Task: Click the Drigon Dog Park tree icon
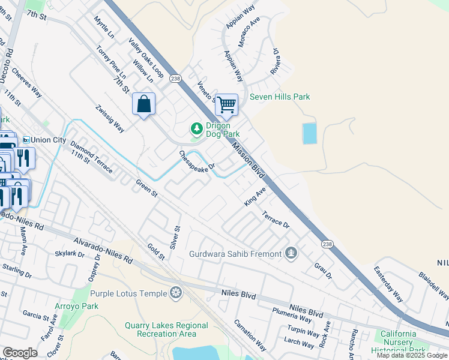tap(196, 128)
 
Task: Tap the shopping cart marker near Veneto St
tap(226, 104)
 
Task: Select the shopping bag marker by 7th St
tap(144, 104)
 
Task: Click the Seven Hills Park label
tap(280, 97)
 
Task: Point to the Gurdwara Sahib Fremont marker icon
tap(292, 253)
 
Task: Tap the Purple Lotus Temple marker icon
tap(176, 293)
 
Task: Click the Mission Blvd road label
tap(249, 159)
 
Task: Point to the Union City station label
tap(49, 139)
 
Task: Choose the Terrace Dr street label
tap(275, 218)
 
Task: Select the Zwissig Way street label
tap(110, 119)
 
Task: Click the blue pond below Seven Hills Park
tap(309, 133)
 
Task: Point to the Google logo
tap(19, 353)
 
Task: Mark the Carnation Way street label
tap(250, 335)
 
